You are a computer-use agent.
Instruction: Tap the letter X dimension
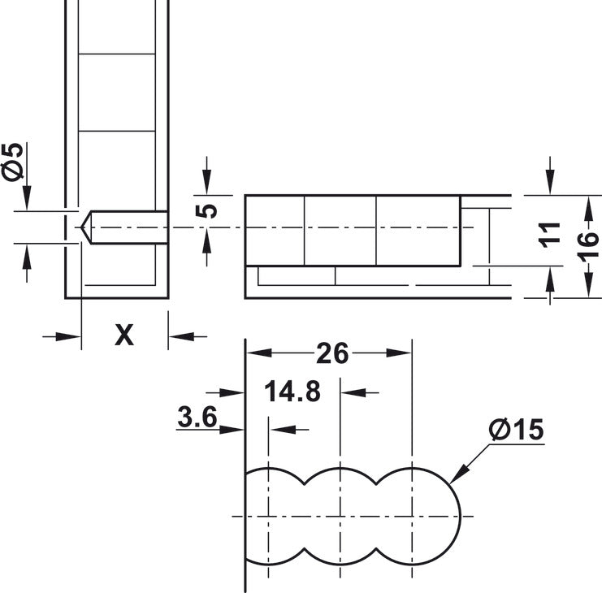tap(123, 335)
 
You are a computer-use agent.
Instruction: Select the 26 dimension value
tap(332, 353)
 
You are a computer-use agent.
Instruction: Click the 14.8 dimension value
tap(292, 392)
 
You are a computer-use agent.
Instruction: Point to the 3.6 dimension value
tap(197, 418)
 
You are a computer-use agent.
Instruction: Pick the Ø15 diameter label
tap(515, 431)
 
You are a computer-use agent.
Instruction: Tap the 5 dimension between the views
tap(208, 210)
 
